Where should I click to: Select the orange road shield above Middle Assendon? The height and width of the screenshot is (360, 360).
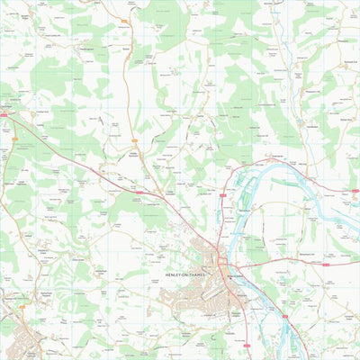pos(135,141)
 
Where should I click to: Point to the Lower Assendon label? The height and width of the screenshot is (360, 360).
pos(171,191)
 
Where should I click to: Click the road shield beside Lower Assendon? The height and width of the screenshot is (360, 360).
pos(139,191)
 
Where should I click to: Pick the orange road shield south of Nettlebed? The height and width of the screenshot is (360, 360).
pos(15,137)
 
